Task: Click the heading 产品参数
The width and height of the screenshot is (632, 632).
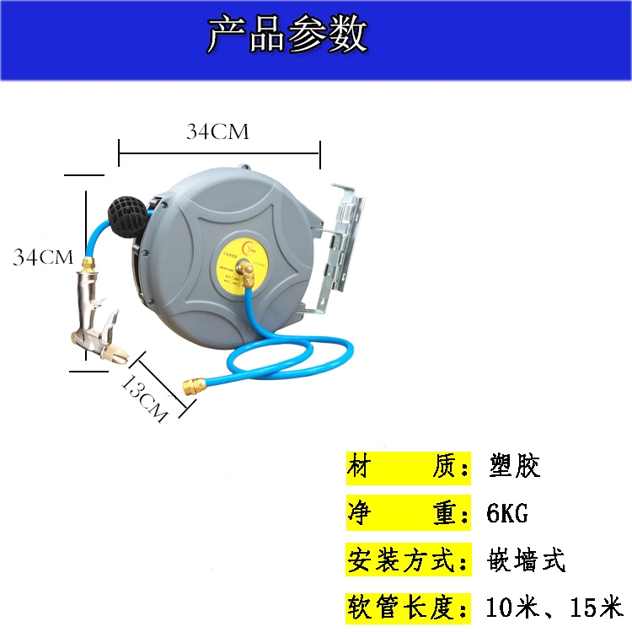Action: pos(287,35)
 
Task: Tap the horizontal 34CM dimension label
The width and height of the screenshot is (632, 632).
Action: pos(218,132)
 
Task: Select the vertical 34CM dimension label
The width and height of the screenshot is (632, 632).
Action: pos(43,257)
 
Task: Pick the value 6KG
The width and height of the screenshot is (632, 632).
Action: pos(507,512)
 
